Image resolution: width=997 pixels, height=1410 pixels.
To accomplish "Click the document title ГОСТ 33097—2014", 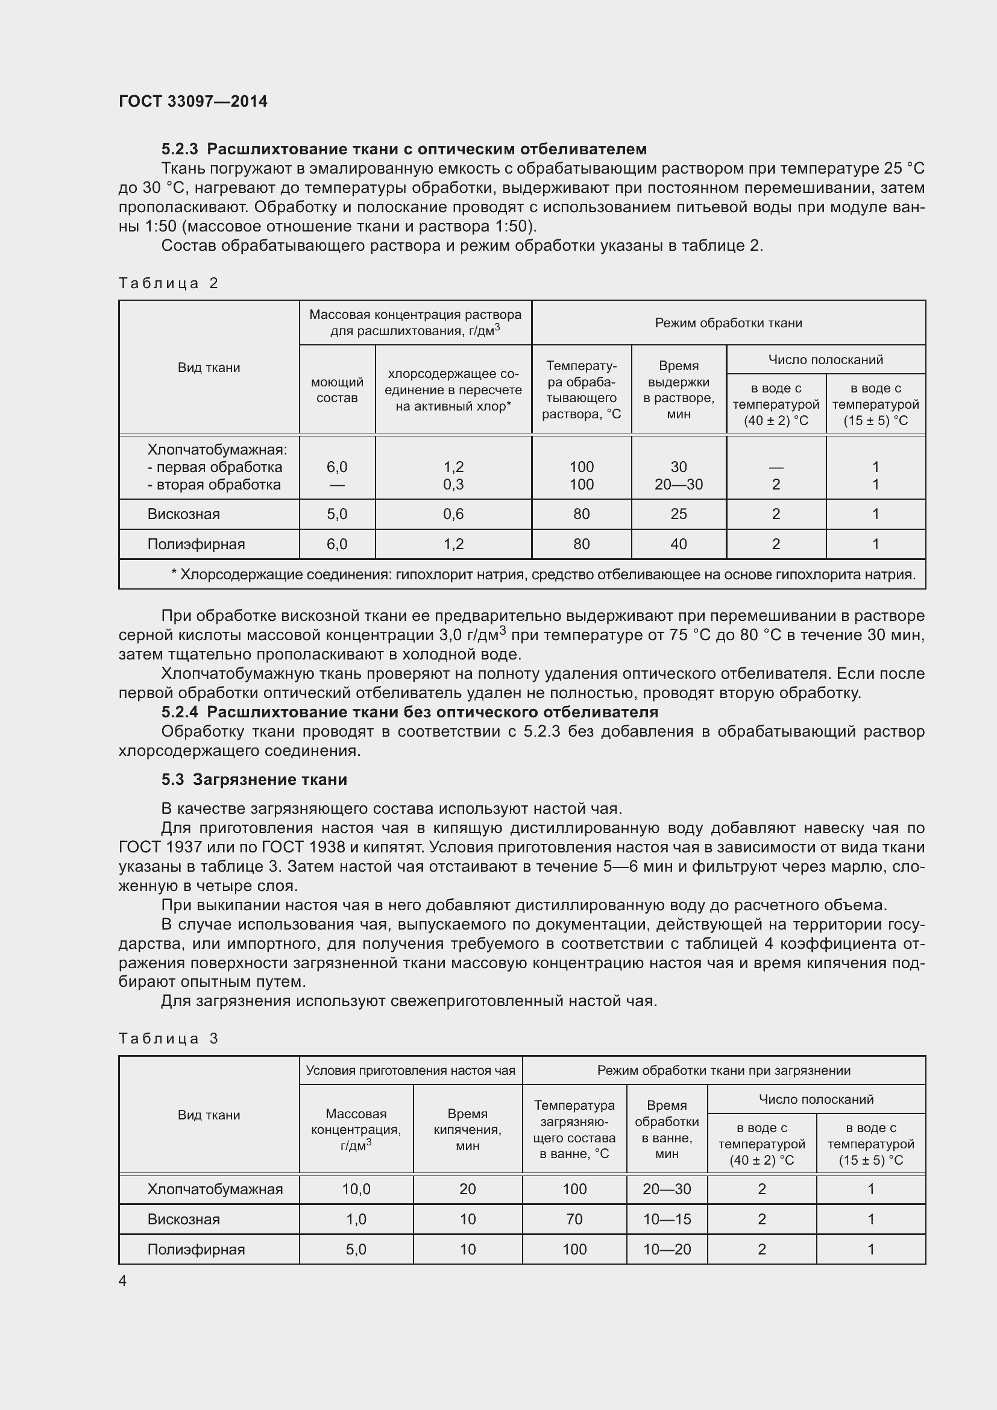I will coord(193,101).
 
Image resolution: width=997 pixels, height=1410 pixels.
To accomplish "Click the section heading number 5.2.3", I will coord(180,149).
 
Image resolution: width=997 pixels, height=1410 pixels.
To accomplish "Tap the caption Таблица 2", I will coord(169,283).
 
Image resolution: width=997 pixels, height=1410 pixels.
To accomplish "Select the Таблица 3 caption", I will coord(169,1039).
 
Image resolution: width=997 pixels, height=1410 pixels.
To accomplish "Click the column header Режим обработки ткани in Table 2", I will coord(728,323).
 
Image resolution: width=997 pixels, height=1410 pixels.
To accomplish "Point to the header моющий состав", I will coord(337,390).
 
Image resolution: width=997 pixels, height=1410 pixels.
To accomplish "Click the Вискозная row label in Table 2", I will coord(184,514).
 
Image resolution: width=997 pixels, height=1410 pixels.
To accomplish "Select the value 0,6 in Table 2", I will coord(453,514).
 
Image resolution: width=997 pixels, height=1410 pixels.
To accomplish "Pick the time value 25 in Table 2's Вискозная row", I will coord(678,514).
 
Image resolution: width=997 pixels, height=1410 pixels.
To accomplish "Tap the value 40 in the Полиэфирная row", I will coord(678,544).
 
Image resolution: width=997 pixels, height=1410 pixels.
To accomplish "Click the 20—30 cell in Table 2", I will coord(678,485).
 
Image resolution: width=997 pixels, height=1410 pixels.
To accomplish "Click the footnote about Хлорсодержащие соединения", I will coord(543,575).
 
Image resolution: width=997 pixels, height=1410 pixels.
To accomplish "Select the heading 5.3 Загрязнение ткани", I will coord(254,779).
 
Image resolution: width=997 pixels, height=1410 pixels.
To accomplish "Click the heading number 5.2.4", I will coord(180,713).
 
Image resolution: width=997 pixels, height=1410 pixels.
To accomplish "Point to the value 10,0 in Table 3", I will coord(356,1189).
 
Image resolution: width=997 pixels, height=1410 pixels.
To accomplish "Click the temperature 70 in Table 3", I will coord(574,1219).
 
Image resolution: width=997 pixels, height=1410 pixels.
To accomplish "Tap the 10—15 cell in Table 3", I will coord(667,1219).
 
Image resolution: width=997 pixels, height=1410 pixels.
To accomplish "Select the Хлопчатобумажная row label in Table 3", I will coord(215,1189).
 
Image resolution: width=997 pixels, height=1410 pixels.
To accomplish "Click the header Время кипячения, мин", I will coord(467,1130).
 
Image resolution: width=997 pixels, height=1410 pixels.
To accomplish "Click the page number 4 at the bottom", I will coord(123,1280).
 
